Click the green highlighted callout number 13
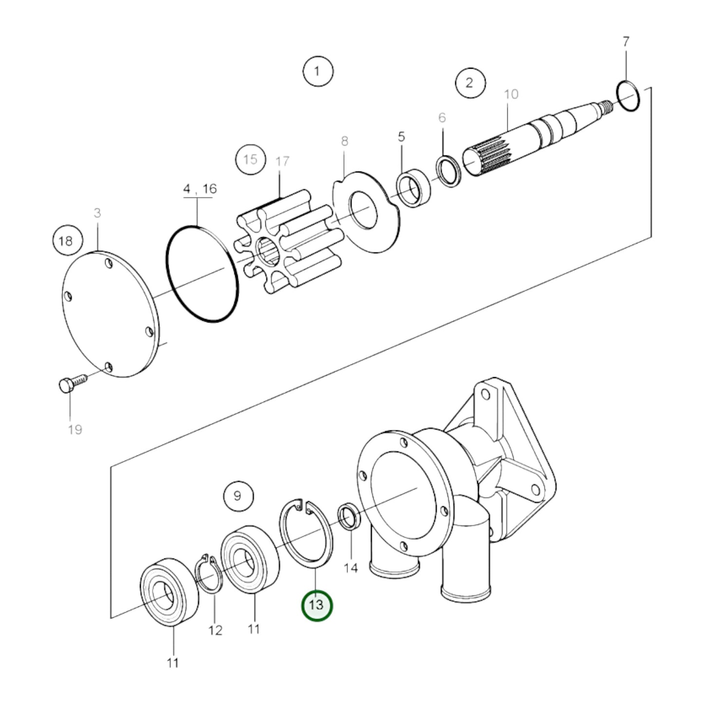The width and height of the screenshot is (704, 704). tap(317, 606)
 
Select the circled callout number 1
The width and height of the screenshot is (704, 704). tap(318, 72)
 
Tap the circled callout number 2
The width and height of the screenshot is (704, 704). tap(470, 82)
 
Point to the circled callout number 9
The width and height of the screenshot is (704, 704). tap(238, 496)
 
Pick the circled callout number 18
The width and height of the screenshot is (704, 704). tap(66, 241)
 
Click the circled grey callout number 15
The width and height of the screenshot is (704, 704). tap(250, 160)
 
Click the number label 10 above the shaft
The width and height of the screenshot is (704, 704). tap(511, 94)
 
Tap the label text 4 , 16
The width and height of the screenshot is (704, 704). tap(200, 189)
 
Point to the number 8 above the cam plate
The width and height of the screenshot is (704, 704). tap(344, 142)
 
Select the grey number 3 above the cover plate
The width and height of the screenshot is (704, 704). tap(97, 213)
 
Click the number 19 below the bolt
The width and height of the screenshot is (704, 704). tap(75, 430)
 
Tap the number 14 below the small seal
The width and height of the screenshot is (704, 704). tap(350, 568)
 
